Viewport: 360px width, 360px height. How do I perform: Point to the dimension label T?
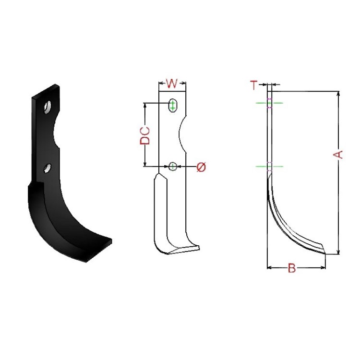pyautogui.click(x=253, y=85)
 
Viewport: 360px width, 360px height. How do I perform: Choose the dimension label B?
pyautogui.click(x=291, y=268)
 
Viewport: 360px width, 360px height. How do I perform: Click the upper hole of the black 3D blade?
pyautogui.click(x=48, y=107)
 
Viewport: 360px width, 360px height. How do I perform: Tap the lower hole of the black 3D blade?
pyautogui.click(x=47, y=168)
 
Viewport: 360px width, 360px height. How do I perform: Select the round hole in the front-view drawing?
pyautogui.click(x=173, y=166)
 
